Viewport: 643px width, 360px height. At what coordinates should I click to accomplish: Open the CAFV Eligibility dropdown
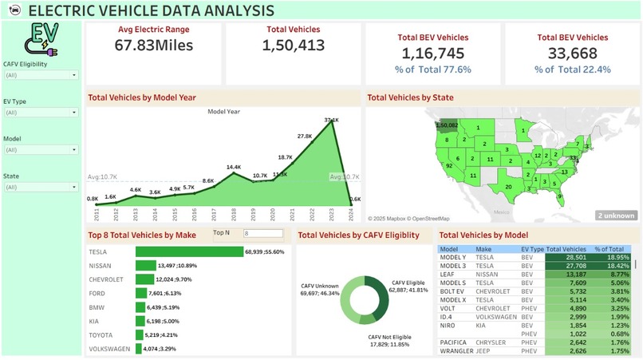coord(41,75)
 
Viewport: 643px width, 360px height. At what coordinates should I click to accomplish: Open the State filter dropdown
coord(41,187)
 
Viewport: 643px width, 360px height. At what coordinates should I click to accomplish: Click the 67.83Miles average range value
coord(154,45)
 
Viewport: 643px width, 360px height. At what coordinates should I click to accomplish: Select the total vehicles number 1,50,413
coord(293,45)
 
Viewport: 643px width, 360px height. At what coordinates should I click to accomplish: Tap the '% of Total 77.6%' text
coord(432,69)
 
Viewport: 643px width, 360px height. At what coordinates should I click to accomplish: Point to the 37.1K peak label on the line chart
coord(332,121)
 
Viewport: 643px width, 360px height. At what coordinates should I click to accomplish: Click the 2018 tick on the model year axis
coord(234,214)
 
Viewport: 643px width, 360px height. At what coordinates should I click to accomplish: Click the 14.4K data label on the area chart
coord(234,168)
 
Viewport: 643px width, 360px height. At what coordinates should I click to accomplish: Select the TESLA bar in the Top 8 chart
coord(188,251)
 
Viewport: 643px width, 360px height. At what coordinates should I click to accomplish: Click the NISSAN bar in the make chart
coord(145,265)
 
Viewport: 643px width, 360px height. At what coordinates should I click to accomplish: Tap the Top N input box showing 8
coord(262,234)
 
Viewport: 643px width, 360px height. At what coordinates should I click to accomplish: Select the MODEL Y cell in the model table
coord(452,258)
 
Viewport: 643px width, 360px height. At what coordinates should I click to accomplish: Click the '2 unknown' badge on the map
coord(616,216)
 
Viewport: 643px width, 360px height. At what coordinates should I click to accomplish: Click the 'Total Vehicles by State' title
coord(409,97)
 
